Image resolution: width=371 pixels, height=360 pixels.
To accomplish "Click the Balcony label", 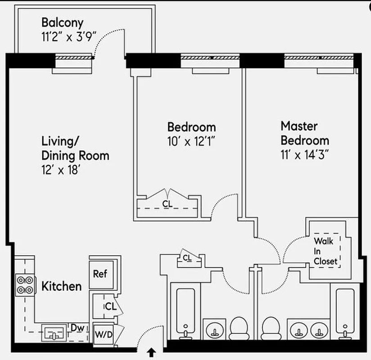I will (x=62, y=22).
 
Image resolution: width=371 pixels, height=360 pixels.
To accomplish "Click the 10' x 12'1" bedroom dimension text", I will (x=191, y=141).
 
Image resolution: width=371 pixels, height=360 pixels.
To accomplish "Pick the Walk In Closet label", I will (x=325, y=251).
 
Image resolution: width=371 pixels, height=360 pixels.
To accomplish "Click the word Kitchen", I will (x=62, y=286).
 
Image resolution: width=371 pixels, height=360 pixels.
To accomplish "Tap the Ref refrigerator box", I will (x=100, y=274).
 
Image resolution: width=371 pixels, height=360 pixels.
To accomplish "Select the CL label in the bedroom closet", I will (x=167, y=204).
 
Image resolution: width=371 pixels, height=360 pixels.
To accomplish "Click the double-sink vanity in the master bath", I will (x=309, y=330).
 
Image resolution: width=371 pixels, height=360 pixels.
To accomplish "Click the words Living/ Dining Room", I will (x=75, y=148).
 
